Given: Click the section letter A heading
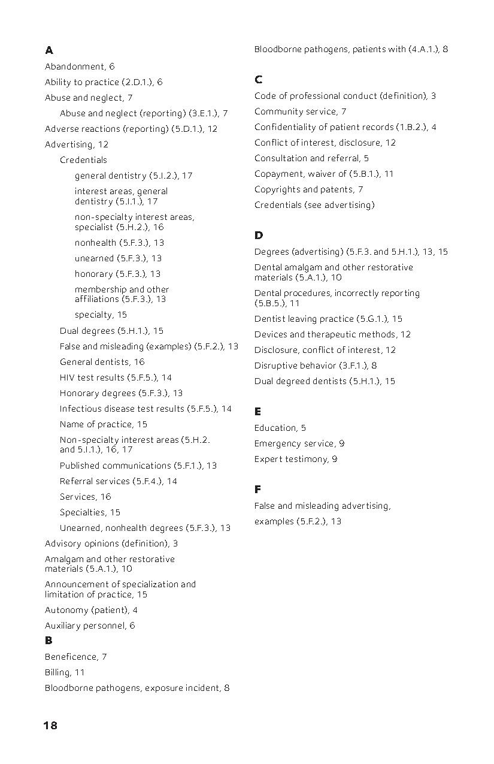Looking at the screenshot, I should (49, 50).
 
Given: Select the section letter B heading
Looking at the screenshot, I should (49, 641).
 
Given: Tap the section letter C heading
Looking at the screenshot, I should (258, 80).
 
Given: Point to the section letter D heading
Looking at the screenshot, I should (259, 235).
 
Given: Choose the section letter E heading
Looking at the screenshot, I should (257, 412).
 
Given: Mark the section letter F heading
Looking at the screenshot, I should (257, 490).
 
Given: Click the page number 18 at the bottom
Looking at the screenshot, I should (50, 726).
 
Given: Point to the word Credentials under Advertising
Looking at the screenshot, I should (83, 160).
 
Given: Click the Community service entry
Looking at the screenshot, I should (300, 111).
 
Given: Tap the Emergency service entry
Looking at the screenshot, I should (299, 443).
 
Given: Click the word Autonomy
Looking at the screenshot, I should (66, 610).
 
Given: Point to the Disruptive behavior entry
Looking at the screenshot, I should (315, 366).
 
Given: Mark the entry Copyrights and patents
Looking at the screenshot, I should (308, 189).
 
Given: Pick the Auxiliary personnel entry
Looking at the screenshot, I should (90, 626).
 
